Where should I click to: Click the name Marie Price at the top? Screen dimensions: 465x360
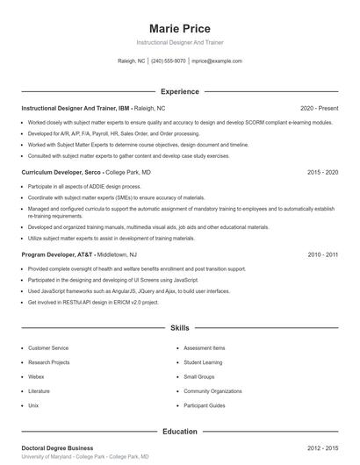point(180,28)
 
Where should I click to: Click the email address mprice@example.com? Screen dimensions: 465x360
point(217,61)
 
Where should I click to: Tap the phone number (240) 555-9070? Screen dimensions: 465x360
point(169,61)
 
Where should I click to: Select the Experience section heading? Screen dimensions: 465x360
point(180,91)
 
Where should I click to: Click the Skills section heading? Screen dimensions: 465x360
point(180,328)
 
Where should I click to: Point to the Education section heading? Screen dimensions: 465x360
point(180,432)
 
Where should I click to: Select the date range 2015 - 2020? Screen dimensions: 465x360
point(322,173)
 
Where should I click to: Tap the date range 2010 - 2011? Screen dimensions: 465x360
point(322,254)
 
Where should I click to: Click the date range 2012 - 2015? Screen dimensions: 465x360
point(322,447)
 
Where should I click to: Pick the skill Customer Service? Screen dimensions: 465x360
point(48,348)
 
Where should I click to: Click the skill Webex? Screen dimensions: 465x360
point(37,377)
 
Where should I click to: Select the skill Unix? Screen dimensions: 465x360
point(33,406)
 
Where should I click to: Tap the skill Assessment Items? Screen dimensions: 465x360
point(205,348)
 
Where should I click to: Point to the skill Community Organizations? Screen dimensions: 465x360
point(212,391)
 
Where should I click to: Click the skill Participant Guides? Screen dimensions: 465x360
point(205,406)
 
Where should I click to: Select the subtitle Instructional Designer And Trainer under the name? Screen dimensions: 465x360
point(180,42)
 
